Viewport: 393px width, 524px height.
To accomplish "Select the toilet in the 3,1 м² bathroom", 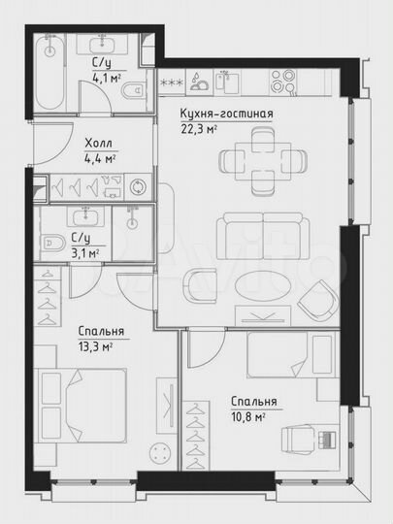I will click(x=55, y=242).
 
